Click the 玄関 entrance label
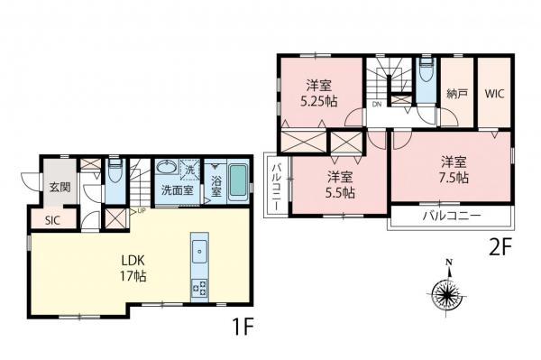click(60, 187)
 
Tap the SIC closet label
click(52, 220)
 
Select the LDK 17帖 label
click(133, 268)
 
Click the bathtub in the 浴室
click(238, 180)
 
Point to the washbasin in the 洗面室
click(166, 167)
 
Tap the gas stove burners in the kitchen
click(200, 288)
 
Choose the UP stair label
click(142, 210)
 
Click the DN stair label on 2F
click(376, 104)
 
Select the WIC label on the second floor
click(494, 94)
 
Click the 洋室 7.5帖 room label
click(454, 170)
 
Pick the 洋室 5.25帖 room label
click(319, 93)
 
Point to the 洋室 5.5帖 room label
click(340, 184)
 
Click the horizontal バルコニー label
click(452, 217)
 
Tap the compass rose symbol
click(447, 292)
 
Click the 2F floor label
click(500, 248)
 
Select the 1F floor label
click(243, 327)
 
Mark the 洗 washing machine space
click(190, 170)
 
